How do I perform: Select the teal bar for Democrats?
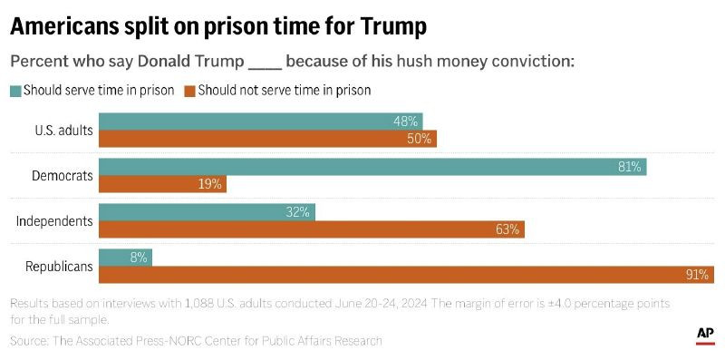[372, 167]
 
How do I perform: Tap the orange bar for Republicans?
[406, 275]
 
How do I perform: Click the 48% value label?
[405, 122]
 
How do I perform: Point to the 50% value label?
[419, 139]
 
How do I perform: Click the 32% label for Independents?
[297, 212]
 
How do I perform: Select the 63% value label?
[507, 229]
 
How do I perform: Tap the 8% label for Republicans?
[138, 258]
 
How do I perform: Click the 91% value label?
[698, 275]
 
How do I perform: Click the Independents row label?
[55, 220]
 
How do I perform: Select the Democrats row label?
[62, 175]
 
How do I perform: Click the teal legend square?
[15, 91]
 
